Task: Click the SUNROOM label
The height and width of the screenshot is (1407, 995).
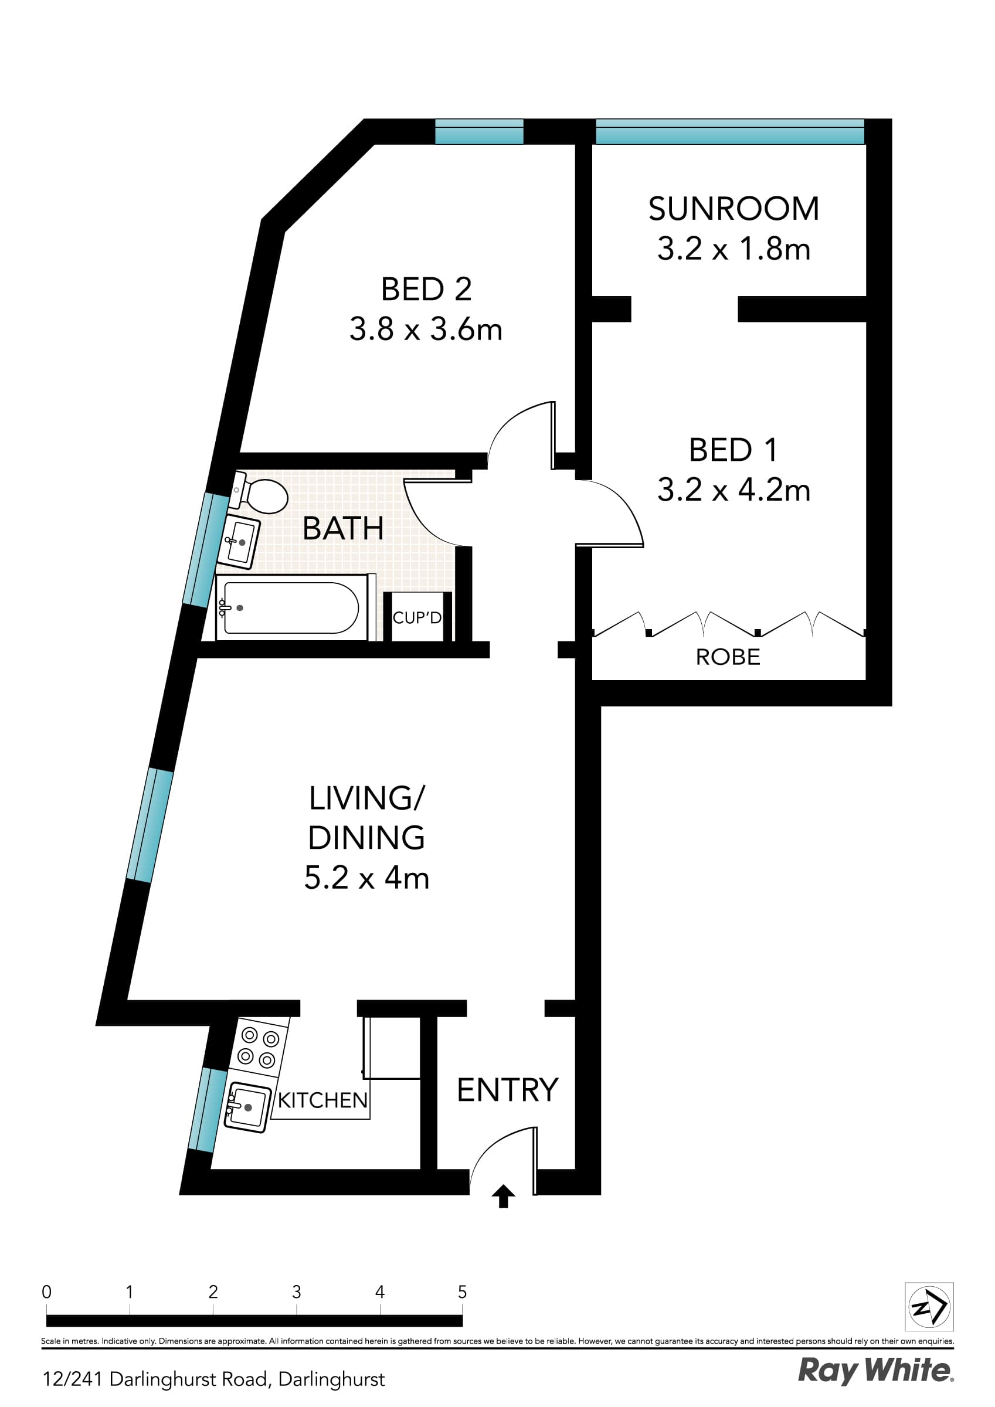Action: [x=733, y=209]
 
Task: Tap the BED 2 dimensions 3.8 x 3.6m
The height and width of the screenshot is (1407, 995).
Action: [x=426, y=329]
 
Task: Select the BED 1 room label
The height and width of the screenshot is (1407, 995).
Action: [x=733, y=450]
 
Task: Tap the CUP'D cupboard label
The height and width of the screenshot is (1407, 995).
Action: [x=417, y=618]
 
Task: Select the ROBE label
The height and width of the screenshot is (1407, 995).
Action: [x=728, y=657]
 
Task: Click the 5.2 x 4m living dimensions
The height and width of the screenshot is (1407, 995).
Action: [x=366, y=878]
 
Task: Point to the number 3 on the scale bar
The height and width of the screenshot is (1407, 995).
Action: [x=296, y=1292]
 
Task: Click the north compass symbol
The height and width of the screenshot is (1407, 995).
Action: [x=929, y=1307]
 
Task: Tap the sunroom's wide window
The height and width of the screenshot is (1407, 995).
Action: [x=729, y=132]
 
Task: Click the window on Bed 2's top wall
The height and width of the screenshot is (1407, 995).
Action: [x=479, y=132]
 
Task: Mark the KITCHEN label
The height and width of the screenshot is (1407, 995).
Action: [x=322, y=1100]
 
